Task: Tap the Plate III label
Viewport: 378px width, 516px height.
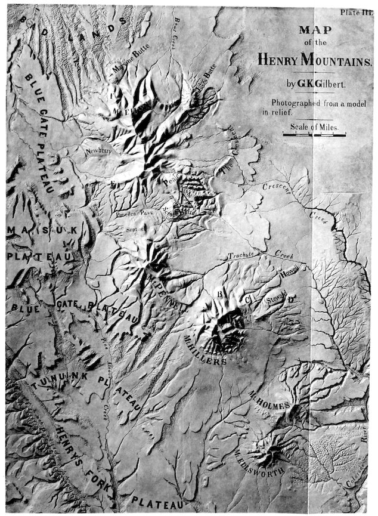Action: click(x=355, y=12)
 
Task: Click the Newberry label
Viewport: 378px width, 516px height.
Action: click(x=98, y=152)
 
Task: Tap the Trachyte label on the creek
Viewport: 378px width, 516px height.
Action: click(x=242, y=257)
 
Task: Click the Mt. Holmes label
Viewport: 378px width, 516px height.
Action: click(x=269, y=405)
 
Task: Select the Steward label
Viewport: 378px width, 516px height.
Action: click(x=277, y=301)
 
